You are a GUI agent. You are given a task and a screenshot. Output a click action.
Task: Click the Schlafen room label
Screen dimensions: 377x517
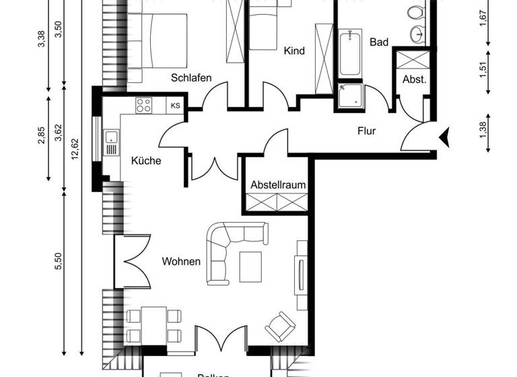191,78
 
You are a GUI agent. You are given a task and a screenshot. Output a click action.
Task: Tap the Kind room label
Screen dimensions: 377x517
294,51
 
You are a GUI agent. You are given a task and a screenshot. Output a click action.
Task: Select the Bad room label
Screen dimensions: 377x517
379,42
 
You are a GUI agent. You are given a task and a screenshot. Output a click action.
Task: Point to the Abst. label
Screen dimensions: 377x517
414,79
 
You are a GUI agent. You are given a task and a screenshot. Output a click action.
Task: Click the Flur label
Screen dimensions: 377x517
366,131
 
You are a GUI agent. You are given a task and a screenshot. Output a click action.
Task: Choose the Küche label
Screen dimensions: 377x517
146,161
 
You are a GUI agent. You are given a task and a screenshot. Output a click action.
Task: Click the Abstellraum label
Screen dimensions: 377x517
279,184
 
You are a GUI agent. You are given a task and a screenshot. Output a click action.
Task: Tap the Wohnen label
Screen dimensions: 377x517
181,261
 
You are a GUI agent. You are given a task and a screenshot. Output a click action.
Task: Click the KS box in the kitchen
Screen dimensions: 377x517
176,105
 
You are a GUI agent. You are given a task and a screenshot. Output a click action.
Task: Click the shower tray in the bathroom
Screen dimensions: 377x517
350,95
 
